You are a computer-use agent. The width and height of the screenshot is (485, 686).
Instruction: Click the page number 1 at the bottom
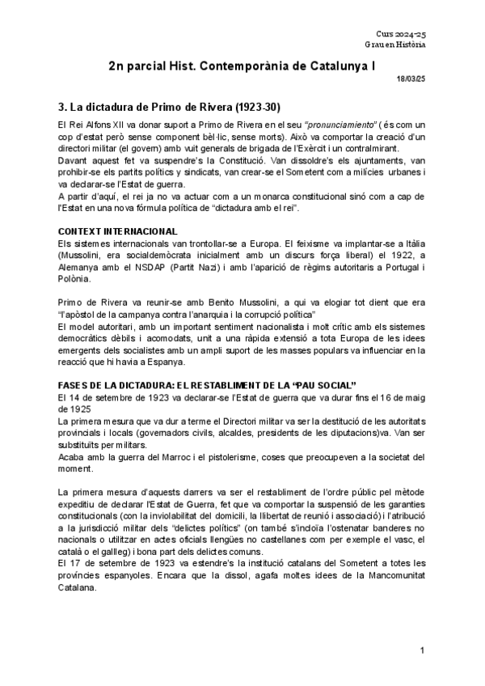423,651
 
